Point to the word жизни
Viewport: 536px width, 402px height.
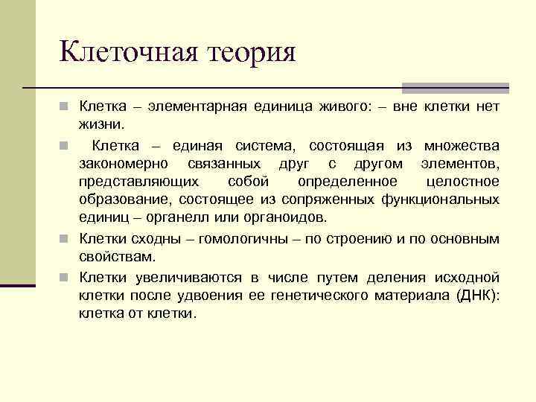point(103,126)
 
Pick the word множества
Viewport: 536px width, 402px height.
point(461,144)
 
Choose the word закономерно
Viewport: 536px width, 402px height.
point(124,163)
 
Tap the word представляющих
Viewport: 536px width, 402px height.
point(139,181)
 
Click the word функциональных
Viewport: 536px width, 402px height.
point(439,199)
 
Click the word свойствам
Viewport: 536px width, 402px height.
point(118,257)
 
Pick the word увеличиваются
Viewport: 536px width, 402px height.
point(188,278)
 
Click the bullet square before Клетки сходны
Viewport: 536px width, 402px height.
point(66,239)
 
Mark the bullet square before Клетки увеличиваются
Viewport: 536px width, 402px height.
point(66,278)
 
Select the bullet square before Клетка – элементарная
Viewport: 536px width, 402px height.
point(66,109)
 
